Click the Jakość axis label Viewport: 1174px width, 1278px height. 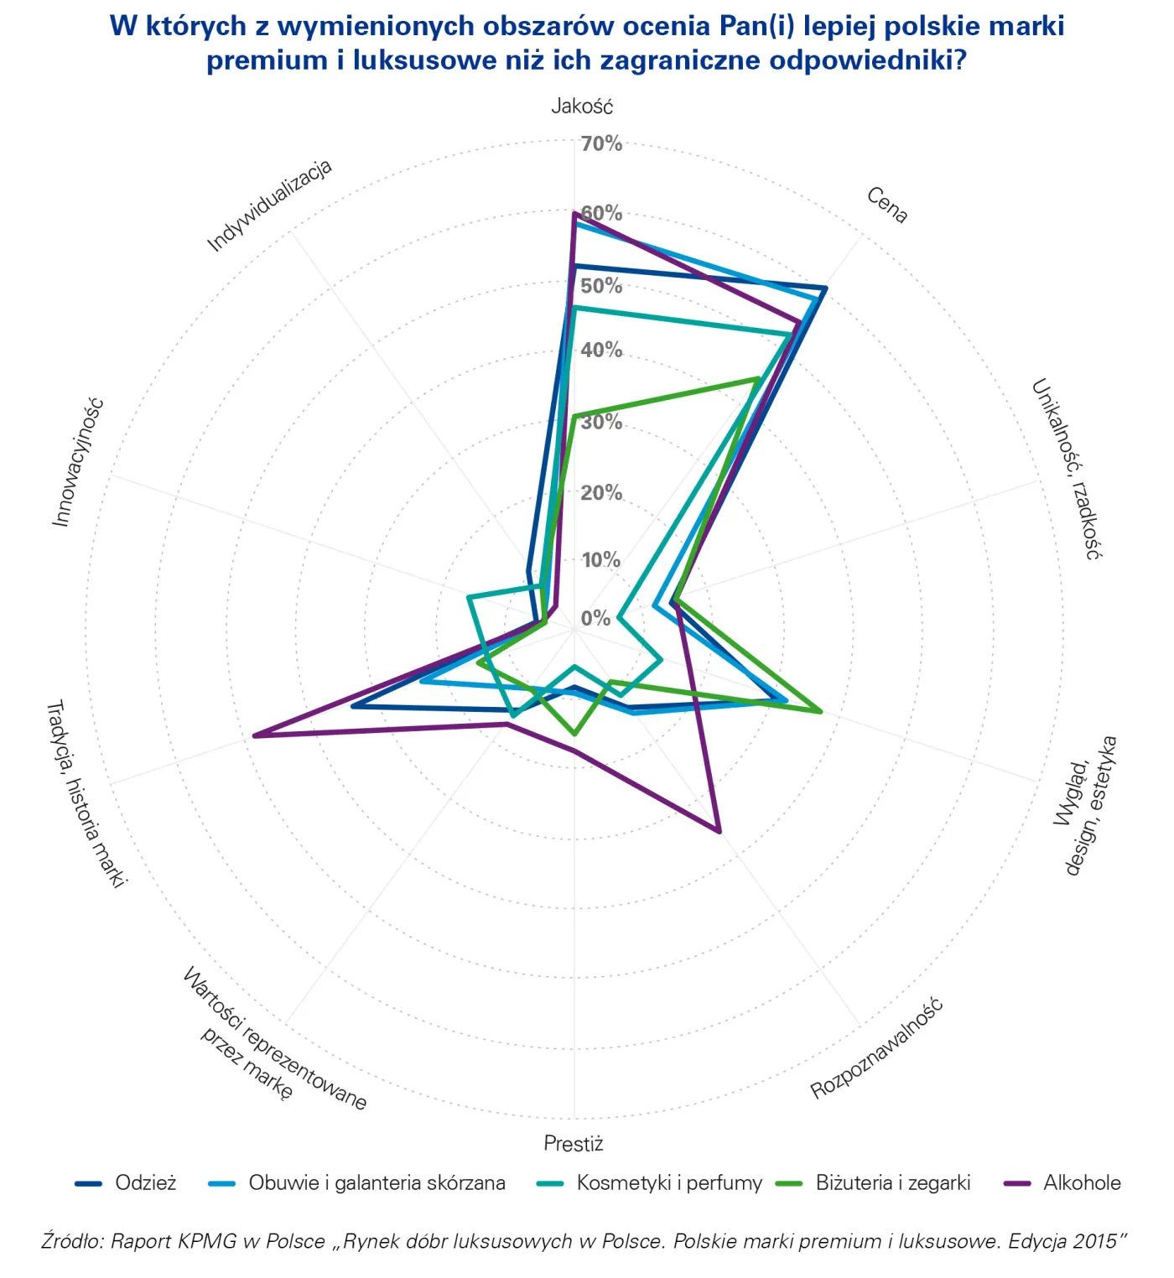[x=582, y=106]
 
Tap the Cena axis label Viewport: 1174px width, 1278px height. [x=886, y=205]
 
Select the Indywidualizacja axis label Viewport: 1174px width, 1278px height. [x=270, y=205]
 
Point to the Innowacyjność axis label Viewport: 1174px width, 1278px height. [x=77, y=462]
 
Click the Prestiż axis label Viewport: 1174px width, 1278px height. [x=574, y=1144]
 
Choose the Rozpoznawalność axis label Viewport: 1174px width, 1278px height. [x=876, y=1048]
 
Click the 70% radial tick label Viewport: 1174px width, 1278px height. [x=601, y=144]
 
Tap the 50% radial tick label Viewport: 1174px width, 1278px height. [x=601, y=286]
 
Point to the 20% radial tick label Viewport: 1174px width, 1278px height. [x=601, y=492]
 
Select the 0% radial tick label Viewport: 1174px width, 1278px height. [x=595, y=619]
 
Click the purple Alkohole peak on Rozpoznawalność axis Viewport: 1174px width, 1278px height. [x=719, y=831]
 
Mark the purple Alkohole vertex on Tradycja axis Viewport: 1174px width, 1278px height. [x=254, y=736]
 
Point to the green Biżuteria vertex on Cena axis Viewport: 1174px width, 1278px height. [x=758, y=379]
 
